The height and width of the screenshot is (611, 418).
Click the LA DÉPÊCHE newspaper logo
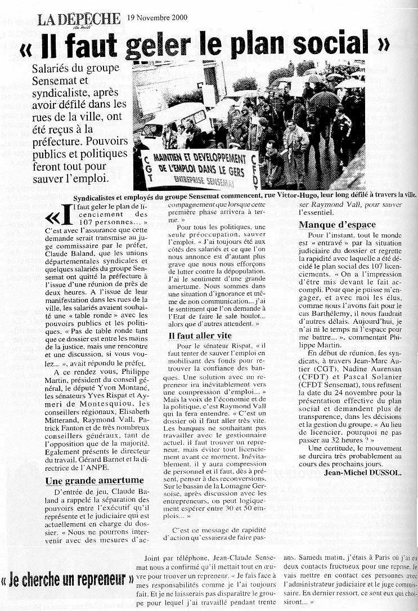[79, 19]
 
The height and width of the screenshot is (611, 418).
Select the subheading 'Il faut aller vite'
[200, 335]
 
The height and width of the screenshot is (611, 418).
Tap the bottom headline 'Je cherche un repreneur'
[67, 579]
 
